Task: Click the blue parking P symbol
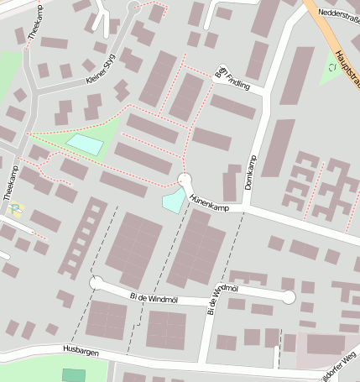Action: point(16,210)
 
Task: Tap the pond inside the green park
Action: point(85,144)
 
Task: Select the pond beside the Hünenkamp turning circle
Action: point(173,200)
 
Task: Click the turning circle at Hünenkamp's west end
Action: point(185,180)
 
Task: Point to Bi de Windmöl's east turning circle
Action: point(289,296)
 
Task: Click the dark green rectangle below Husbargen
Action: point(74,375)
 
